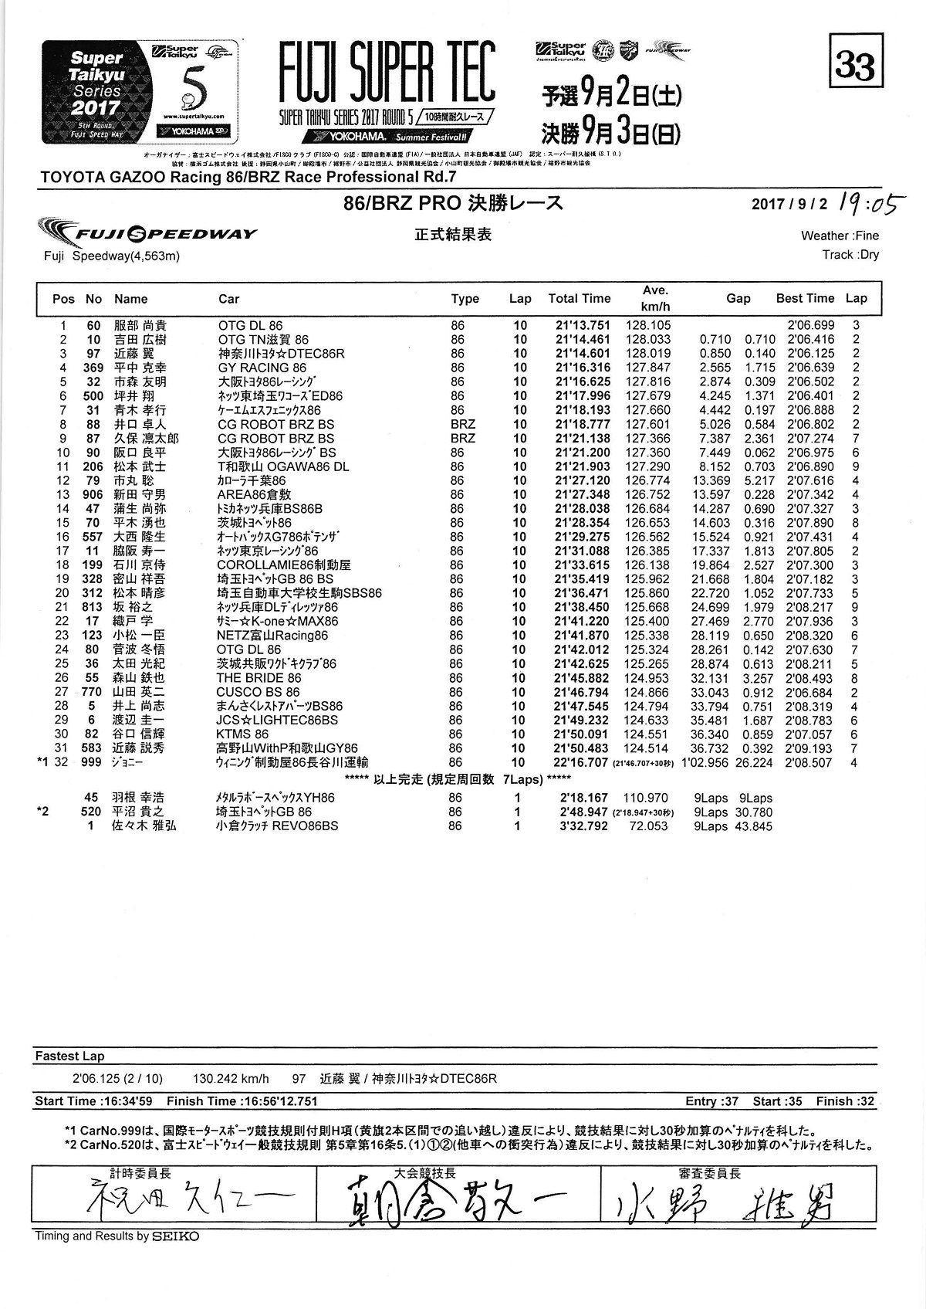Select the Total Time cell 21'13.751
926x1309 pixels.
point(583,326)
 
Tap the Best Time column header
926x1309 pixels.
point(805,298)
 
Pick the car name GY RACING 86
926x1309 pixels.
point(262,368)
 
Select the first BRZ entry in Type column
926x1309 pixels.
point(463,425)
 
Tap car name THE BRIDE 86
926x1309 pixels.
point(259,678)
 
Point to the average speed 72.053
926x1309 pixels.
point(648,826)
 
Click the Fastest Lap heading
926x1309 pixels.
point(69,1056)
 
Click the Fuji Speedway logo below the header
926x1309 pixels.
point(147,233)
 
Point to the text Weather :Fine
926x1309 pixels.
point(840,236)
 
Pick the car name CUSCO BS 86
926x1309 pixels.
point(258,692)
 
